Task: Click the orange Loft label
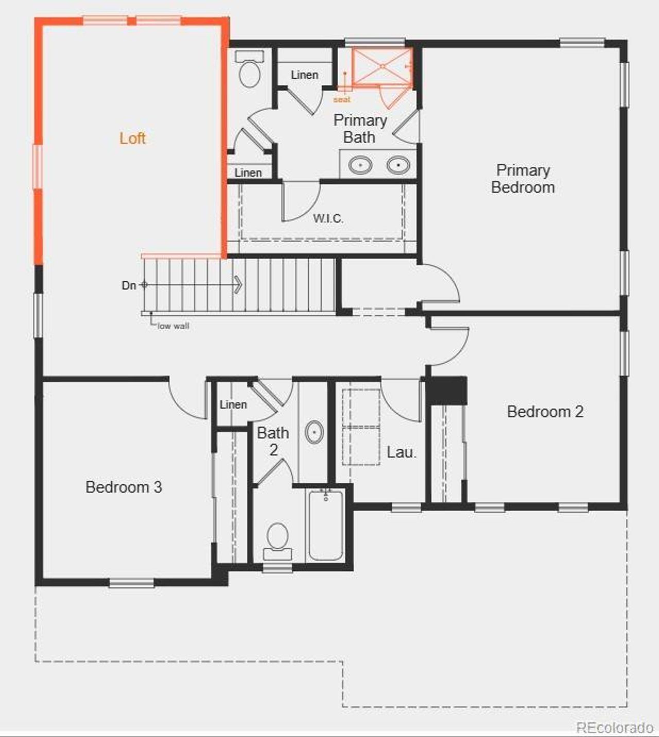132,138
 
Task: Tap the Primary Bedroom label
523,178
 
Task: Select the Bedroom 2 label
545,411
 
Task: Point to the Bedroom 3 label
124,487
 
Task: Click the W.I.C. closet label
328,218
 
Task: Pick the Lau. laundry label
401,452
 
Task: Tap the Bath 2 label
273,441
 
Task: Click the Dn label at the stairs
129,285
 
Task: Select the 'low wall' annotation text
174,326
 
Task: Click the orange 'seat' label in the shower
342,99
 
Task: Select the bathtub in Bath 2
325,525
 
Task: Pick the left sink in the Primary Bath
360,165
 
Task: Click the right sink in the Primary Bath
398,165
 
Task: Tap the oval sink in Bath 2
314,433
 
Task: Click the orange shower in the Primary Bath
382,66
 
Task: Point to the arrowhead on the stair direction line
238,284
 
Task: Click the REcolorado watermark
615,727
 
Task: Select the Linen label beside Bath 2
233,405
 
